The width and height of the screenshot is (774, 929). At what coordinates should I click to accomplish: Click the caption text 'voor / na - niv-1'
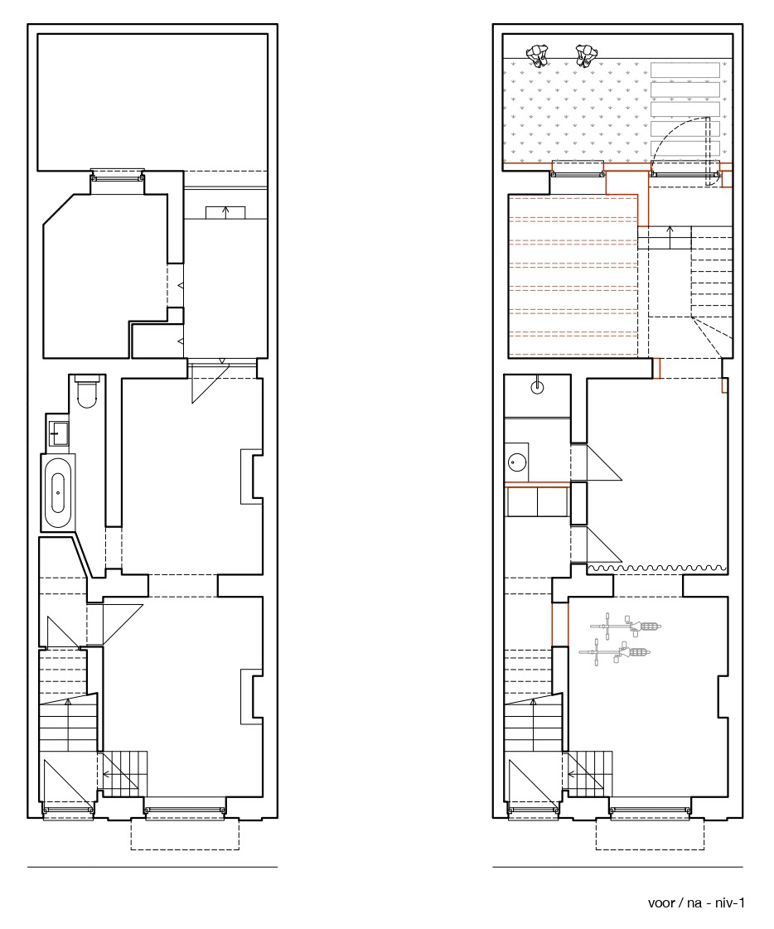pyautogui.click(x=696, y=903)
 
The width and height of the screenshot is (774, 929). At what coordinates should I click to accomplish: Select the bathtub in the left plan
pyautogui.click(x=58, y=492)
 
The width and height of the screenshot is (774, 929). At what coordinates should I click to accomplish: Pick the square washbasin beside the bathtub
pyautogui.click(x=57, y=433)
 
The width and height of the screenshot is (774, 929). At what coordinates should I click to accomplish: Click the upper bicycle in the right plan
pyautogui.click(x=625, y=626)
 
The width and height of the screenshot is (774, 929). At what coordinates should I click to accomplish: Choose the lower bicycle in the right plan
pyautogui.click(x=615, y=653)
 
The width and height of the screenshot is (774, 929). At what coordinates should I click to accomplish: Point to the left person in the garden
pyautogui.click(x=537, y=55)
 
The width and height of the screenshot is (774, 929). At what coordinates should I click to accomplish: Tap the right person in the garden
pyautogui.click(x=586, y=55)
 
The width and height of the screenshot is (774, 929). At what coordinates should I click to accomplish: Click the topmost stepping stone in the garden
pyautogui.click(x=685, y=70)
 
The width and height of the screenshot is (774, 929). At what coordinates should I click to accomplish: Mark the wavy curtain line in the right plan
pyautogui.click(x=657, y=569)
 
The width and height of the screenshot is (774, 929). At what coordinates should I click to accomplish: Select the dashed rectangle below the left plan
pyautogui.click(x=185, y=835)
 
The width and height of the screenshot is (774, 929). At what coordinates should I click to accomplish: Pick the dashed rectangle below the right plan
pyautogui.click(x=651, y=835)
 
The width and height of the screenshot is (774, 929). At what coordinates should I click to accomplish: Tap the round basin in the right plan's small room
pyautogui.click(x=518, y=462)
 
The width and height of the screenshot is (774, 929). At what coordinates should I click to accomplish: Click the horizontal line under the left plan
pyautogui.click(x=152, y=868)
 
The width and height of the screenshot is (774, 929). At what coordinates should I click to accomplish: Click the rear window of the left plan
pyautogui.click(x=118, y=176)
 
